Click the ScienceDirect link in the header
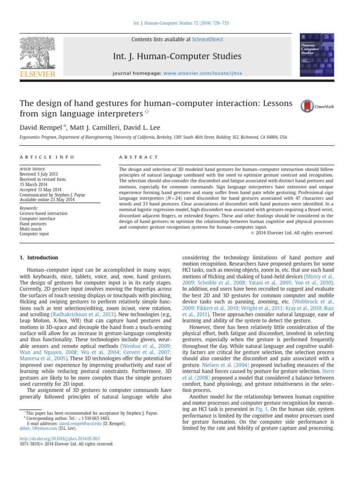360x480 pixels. coord(207,40)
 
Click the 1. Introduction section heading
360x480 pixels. coord(39,257)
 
